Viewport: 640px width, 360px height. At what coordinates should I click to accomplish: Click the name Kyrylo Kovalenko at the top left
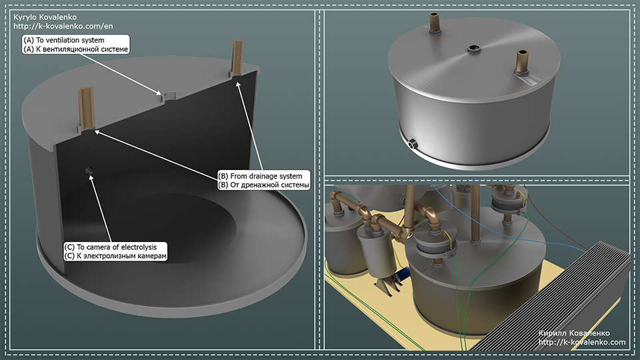point(45,17)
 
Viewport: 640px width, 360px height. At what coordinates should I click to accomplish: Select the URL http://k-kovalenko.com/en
point(63,26)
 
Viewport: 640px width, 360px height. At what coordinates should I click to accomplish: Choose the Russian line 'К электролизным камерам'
point(121,256)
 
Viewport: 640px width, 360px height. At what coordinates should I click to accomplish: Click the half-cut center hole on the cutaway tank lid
point(169,96)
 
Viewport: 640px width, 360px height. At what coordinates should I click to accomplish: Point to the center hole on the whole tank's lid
point(473,49)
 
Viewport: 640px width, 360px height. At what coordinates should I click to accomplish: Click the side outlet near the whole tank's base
point(412,144)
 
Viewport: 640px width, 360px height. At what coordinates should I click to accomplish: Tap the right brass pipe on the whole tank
point(521,61)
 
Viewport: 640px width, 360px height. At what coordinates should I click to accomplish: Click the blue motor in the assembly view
point(403,274)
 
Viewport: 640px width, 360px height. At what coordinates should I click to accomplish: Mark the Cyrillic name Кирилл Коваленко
point(574,333)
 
